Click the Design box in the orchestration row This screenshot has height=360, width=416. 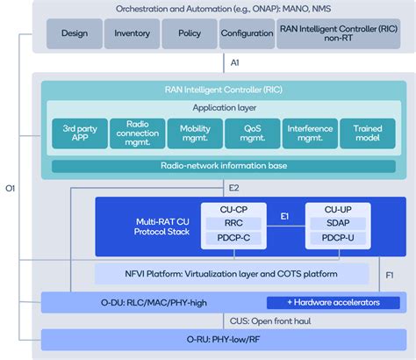pyautogui.click(x=75, y=33)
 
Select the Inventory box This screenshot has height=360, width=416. pyautogui.click(x=132, y=33)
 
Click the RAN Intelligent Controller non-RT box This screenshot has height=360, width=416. pyautogui.click(x=336, y=33)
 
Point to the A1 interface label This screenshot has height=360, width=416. pyautogui.click(x=234, y=63)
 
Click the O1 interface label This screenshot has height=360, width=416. pyautogui.click(x=11, y=188)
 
